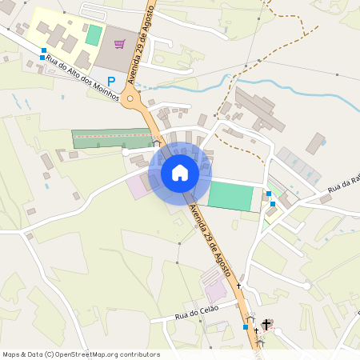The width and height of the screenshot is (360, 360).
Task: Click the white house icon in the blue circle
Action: (179, 172)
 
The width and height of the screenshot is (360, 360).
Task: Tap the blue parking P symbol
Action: (111, 81)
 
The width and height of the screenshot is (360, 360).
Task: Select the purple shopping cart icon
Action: (119, 44)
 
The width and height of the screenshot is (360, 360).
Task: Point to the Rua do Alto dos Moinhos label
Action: (82, 78)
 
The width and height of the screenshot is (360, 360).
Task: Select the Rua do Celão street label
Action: (196, 314)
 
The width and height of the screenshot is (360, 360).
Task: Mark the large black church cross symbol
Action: (266, 323)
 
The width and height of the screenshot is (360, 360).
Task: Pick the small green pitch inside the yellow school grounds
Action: (94, 35)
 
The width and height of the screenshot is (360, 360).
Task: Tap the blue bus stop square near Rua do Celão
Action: (246, 327)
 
